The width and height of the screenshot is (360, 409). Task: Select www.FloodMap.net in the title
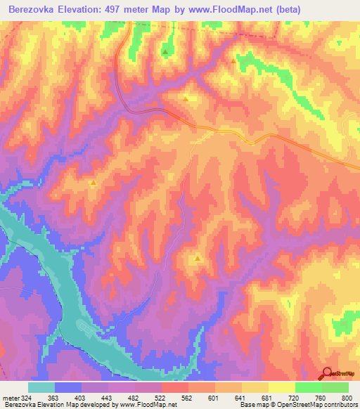(232, 9)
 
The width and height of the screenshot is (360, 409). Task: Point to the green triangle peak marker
(165, 51)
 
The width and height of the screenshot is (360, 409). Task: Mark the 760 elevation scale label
(321, 398)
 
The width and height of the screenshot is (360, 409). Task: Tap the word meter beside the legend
(10, 398)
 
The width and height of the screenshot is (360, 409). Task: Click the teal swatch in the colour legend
(41, 387)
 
